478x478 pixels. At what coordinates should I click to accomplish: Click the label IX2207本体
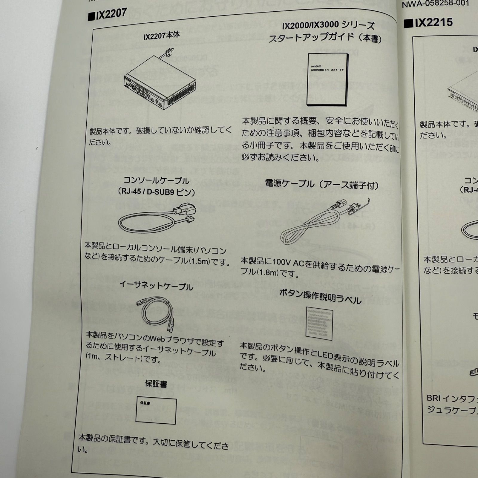pyautogui.click(x=162, y=36)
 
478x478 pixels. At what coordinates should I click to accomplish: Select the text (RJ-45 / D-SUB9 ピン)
pyautogui.click(x=157, y=191)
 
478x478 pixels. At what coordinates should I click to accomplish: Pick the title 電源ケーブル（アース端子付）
pyautogui.click(x=322, y=185)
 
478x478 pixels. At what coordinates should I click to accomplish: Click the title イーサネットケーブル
pyautogui.click(x=156, y=285)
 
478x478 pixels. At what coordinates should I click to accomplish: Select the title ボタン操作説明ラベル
pyautogui.click(x=320, y=297)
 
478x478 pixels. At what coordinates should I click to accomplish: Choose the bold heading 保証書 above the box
pyautogui.click(x=156, y=384)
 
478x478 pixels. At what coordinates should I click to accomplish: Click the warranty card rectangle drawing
pyautogui.click(x=156, y=410)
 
